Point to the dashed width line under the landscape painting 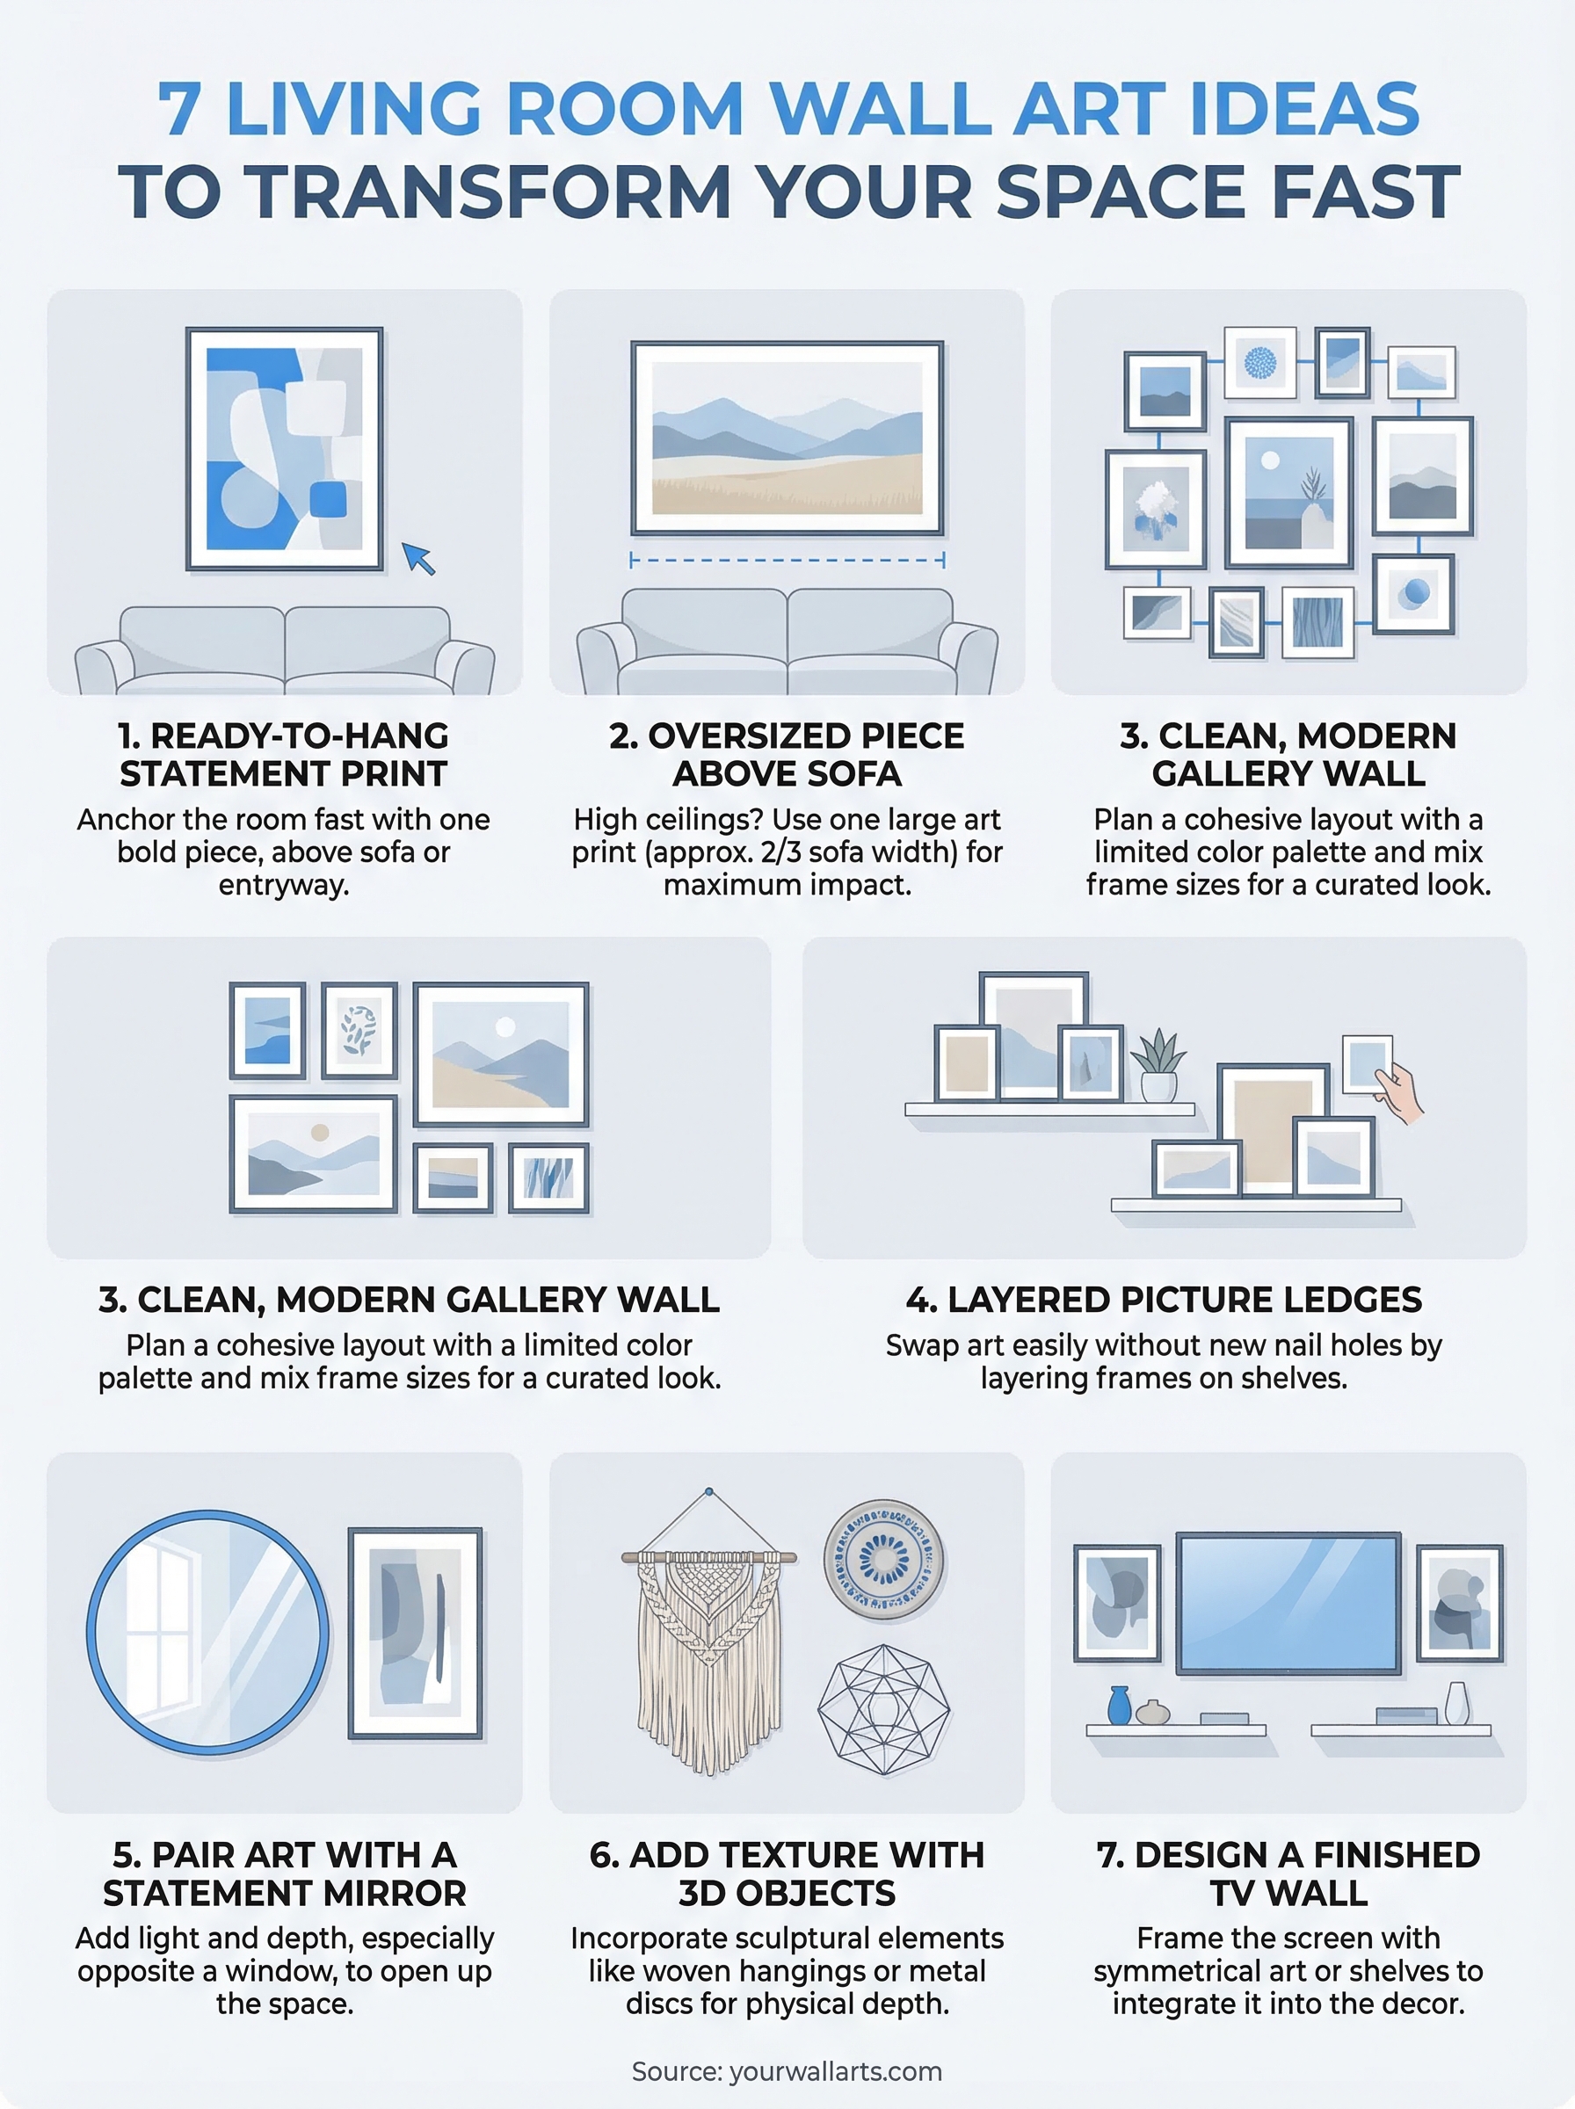(x=787, y=561)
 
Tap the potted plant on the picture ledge (x=1158, y=1065)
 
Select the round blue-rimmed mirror (x=207, y=1633)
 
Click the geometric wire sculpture (x=884, y=1711)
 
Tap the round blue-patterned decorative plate (x=884, y=1559)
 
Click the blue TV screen (x=1288, y=1604)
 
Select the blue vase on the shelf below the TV (x=1119, y=1706)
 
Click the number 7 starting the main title (x=179, y=109)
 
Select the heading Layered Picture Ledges (x=1163, y=1300)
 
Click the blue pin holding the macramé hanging (x=708, y=1492)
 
